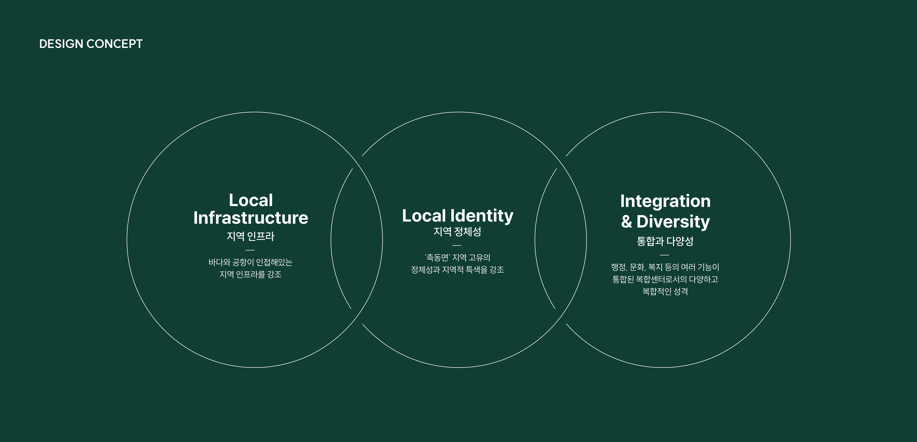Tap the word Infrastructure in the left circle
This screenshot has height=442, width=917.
click(x=251, y=218)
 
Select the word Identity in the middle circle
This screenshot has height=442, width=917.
click(x=482, y=216)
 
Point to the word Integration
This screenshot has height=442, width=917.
click(x=665, y=201)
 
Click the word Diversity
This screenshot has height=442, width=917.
click(x=673, y=222)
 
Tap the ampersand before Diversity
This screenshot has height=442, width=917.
click(x=627, y=222)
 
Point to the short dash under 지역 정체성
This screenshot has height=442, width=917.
click(x=457, y=245)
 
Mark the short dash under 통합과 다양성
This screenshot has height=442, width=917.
click(x=665, y=255)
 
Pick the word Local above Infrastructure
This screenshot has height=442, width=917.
click(x=251, y=200)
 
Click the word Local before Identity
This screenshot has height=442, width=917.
click(x=424, y=216)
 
